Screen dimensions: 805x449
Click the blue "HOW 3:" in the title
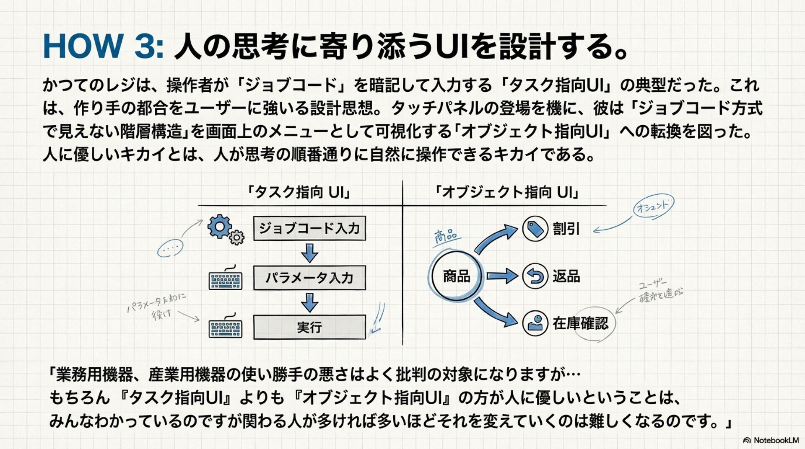point(103,46)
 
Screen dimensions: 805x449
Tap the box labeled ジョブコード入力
point(309,228)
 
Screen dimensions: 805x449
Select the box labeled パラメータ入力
point(309,278)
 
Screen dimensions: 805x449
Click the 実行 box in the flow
point(309,327)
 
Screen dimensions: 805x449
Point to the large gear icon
point(219,227)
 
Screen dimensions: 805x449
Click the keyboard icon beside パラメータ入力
point(226,279)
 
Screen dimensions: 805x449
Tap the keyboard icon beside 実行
point(226,328)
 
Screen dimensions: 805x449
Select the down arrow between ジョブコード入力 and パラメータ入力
point(309,253)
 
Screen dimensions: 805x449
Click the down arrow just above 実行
point(309,302)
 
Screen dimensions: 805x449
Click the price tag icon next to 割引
point(535,229)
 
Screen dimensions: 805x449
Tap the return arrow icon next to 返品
point(535,276)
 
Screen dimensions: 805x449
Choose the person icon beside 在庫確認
point(535,323)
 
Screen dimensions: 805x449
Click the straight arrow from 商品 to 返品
point(502,276)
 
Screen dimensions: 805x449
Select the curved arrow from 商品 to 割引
point(496,239)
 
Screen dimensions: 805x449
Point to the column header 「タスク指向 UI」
point(298,193)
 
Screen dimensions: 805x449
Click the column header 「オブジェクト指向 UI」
point(507,193)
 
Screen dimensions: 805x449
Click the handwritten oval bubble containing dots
point(170,248)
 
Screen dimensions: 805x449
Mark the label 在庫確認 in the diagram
point(580,323)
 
